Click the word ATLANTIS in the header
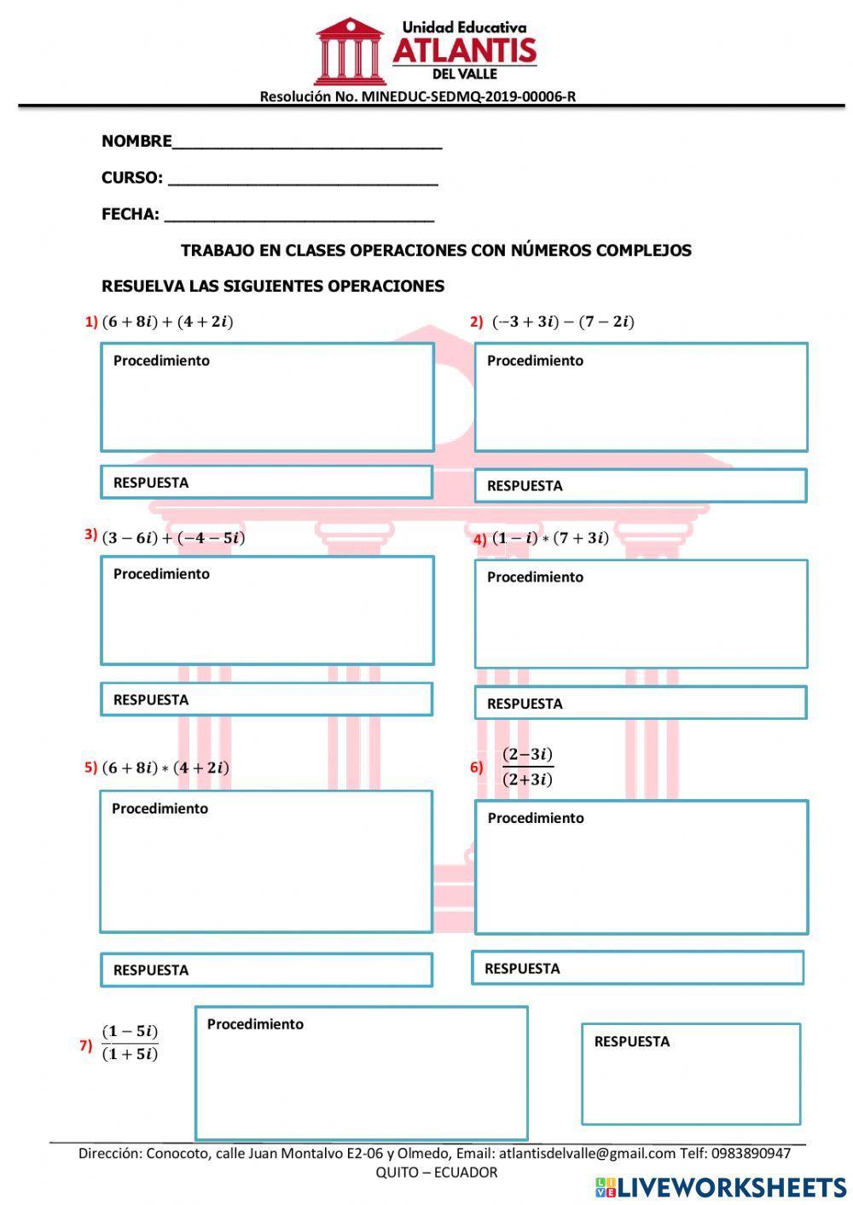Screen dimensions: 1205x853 [x=465, y=51]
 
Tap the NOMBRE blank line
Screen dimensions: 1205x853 [x=307, y=142]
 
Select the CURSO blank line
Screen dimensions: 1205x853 [x=303, y=179]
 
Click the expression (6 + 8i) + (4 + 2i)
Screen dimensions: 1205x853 [x=167, y=322]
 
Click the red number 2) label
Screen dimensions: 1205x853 [x=477, y=322]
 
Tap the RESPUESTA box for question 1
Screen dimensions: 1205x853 [x=266, y=482]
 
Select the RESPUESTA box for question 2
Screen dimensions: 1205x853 [x=640, y=485]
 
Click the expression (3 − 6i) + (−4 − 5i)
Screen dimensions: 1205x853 [x=173, y=537]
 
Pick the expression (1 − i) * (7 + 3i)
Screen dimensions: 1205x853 [x=550, y=537]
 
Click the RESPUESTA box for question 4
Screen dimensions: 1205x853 [x=640, y=703]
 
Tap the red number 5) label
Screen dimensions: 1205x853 [x=90, y=767]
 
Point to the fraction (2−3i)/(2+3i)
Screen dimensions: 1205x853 [x=527, y=767]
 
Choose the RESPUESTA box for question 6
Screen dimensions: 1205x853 [x=637, y=968]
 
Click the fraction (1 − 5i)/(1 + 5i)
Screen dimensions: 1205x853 [x=130, y=1042]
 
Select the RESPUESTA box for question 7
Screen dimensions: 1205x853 [x=691, y=1074]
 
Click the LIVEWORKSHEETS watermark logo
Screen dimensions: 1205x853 [x=721, y=1187]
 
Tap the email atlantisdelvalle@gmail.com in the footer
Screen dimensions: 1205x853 [x=587, y=1153]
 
